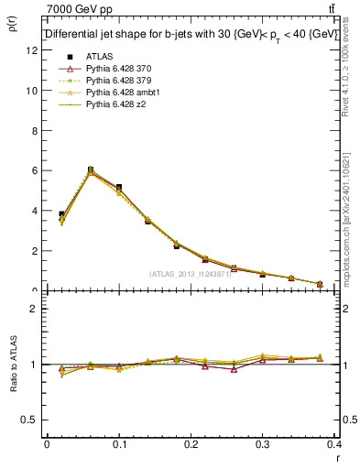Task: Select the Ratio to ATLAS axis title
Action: pos(15,364)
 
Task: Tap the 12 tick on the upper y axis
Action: pos(32,51)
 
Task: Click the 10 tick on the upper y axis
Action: pos(32,91)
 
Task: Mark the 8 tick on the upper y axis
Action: pos(34,131)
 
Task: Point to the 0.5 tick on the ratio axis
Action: pos(30,420)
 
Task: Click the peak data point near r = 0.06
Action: pos(90,169)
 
